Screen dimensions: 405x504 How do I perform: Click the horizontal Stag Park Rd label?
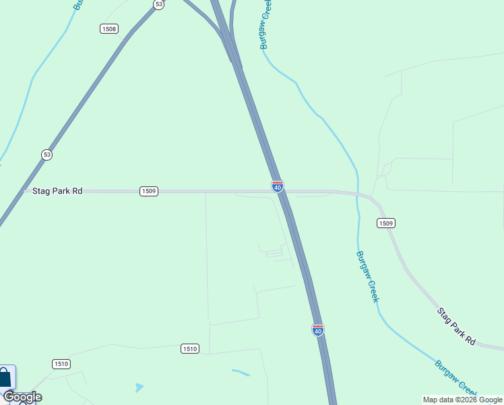57,191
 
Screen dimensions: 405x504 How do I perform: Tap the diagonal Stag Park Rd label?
456,327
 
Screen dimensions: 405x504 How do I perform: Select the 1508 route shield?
108,28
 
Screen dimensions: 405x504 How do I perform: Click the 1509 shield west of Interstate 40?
149,191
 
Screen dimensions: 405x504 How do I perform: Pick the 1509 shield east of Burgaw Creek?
386,223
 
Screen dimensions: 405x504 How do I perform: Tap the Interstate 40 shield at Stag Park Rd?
278,186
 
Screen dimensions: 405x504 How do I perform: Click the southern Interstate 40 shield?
318,329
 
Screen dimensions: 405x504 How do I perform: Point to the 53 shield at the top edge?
158,4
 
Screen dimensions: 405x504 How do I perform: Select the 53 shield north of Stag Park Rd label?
46,155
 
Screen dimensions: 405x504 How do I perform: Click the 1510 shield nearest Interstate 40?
190,348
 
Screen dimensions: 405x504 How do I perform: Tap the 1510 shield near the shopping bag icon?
61,364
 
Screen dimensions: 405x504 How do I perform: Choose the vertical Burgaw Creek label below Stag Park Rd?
368,277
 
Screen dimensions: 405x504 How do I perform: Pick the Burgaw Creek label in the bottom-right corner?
455,378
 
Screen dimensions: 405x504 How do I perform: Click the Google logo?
22,397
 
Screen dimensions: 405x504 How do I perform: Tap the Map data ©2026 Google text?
462,400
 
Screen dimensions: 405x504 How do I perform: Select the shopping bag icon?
5,377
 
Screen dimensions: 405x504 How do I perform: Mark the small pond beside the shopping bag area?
139,387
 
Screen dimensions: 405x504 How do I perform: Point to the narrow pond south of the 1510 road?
241,372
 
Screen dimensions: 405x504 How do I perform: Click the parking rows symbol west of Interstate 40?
274,253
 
